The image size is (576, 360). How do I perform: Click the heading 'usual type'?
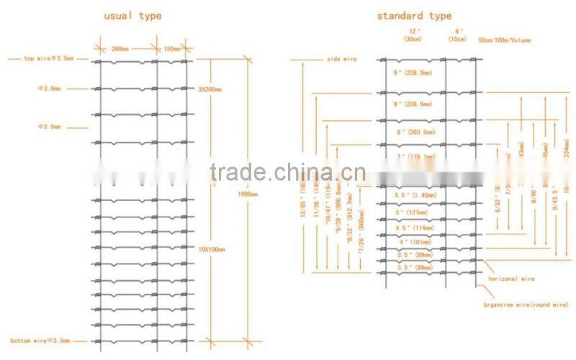point(133,15)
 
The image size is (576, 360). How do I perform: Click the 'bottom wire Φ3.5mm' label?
point(40,341)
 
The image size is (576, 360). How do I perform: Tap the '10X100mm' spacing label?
point(211,248)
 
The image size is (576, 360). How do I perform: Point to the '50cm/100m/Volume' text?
point(505,40)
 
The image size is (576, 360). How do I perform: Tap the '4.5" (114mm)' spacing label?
point(414,228)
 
